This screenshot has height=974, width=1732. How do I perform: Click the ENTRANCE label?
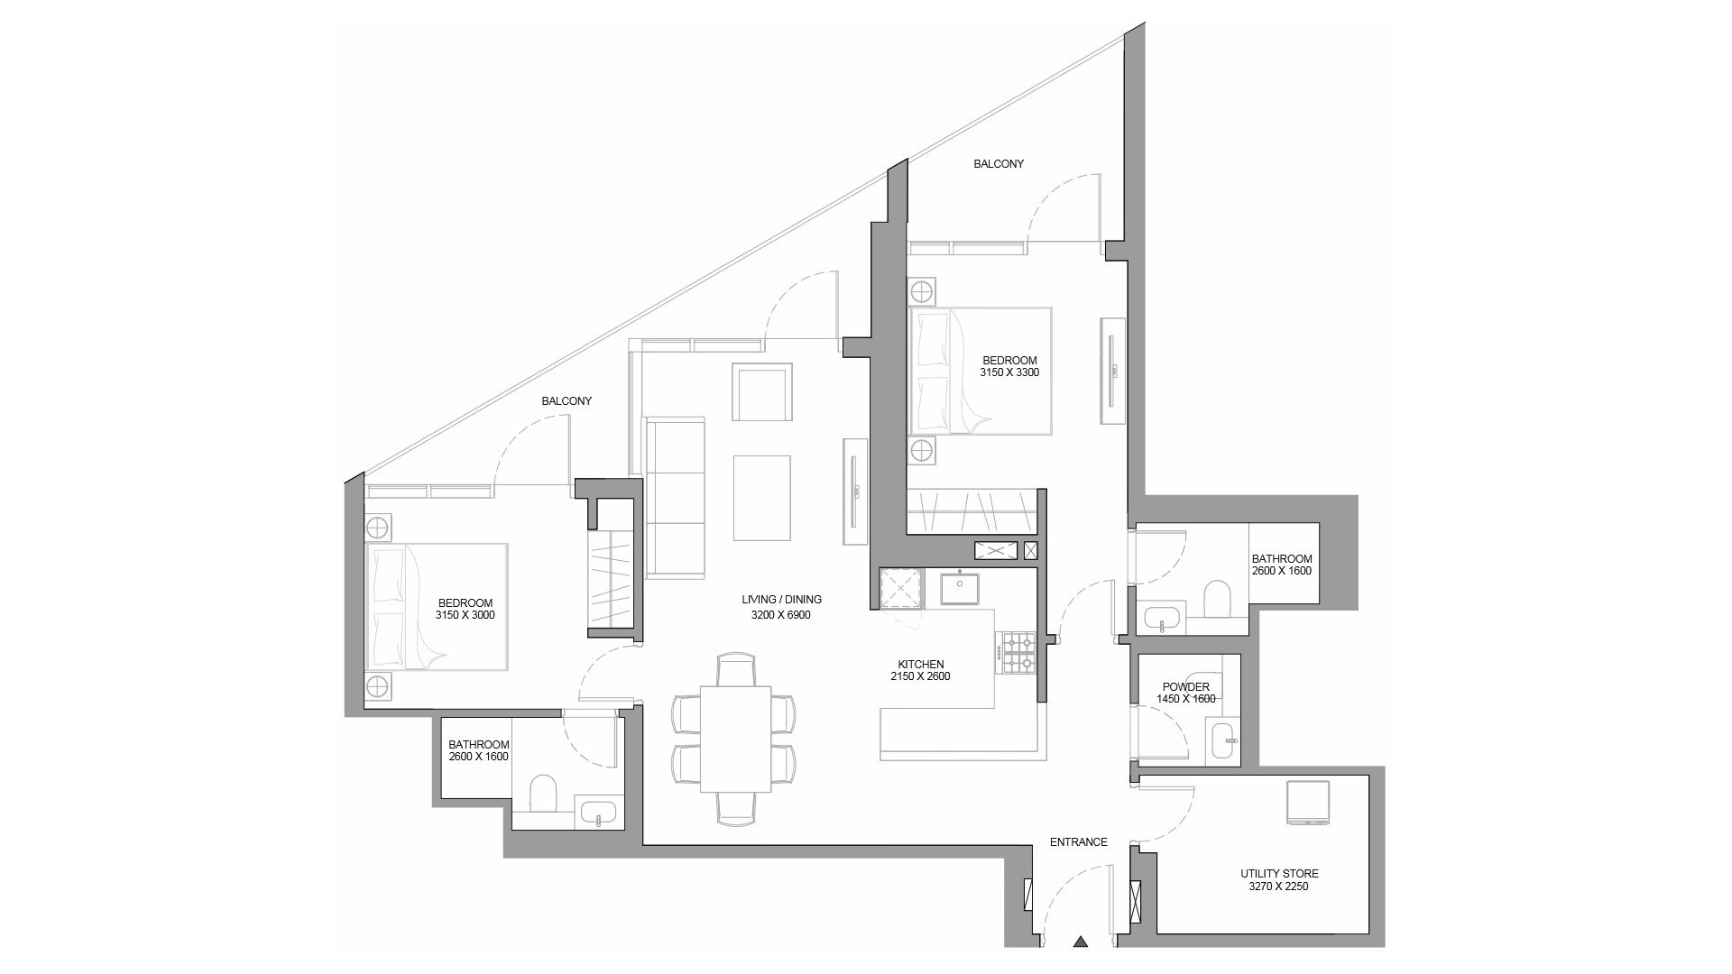1078,842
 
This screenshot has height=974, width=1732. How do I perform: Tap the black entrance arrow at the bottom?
1080,943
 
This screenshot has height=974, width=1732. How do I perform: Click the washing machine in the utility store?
1308,804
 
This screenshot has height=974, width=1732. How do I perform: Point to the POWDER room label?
1185,687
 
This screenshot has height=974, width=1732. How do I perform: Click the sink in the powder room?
1224,740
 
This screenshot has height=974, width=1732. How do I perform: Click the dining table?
736,739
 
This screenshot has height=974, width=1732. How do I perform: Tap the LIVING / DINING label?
781,600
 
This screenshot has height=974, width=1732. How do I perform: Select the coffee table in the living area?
762,497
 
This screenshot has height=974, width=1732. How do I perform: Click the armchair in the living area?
762,392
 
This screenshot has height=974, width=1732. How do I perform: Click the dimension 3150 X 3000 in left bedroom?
465,616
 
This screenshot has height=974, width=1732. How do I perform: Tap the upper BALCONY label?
998,164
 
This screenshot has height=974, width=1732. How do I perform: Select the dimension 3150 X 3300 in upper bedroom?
1009,372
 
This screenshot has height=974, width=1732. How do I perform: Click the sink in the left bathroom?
598,813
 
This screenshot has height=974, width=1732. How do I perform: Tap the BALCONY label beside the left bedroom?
567,401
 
